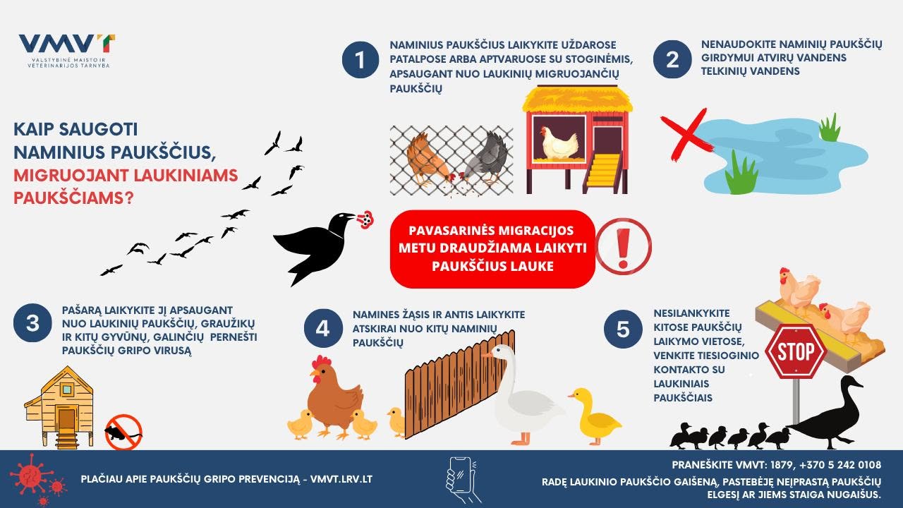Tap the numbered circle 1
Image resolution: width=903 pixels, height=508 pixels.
[360, 60]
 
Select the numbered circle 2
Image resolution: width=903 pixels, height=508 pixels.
[672, 60]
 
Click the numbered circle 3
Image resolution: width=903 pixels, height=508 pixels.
[32, 323]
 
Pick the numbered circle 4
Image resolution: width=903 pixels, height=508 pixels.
[323, 329]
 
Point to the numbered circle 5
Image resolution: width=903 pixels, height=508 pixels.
[623, 329]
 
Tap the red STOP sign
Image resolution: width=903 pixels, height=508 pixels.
[796, 351]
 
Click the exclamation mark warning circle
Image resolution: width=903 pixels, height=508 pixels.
[623, 247]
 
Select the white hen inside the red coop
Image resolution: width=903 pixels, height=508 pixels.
[559, 143]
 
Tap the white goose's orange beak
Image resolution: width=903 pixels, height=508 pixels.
[488, 355]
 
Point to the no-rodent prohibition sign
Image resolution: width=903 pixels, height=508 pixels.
[123, 432]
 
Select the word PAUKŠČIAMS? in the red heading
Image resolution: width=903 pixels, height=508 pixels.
[73, 198]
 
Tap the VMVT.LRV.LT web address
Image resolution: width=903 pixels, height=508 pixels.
[341, 479]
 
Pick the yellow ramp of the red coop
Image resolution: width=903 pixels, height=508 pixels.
[602, 174]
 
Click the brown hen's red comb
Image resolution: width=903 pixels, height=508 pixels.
[321, 362]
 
